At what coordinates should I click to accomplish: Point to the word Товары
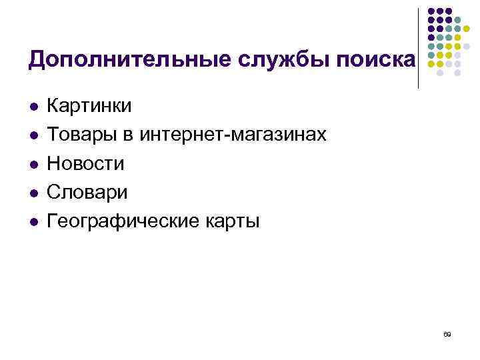[84, 135]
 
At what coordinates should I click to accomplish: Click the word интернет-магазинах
[233, 135]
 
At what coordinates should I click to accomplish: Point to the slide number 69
[447, 333]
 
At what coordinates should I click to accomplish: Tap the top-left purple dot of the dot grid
[431, 11]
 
